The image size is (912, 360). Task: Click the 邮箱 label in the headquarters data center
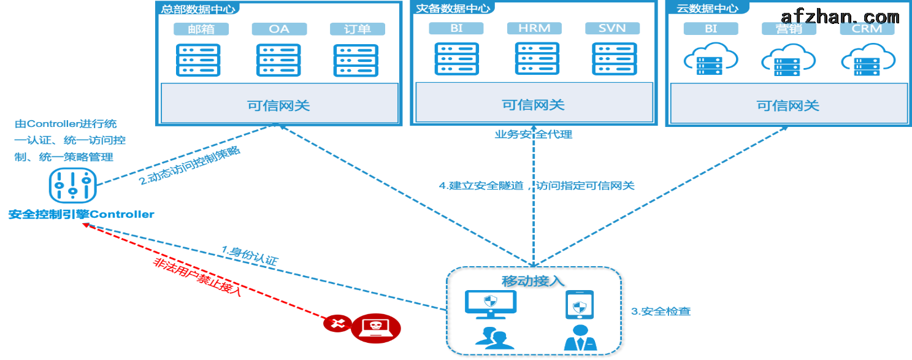tap(201, 29)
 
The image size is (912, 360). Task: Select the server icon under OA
tap(279, 59)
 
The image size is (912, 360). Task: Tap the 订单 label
tap(357, 29)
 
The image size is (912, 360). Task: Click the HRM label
tap(534, 28)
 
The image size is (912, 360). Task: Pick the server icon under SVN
tap(615, 58)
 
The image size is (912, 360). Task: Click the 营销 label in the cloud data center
tap(788, 29)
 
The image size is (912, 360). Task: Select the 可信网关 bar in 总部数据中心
tap(278, 105)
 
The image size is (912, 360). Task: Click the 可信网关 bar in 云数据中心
tap(788, 105)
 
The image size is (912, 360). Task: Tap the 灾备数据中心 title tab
tap(453, 8)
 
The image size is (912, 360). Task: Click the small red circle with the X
tap(336, 324)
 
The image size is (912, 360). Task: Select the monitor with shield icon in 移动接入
tap(491, 304)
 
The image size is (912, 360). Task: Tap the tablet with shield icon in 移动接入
tap(580, 305)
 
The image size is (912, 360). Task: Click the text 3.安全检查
tap(661, 312)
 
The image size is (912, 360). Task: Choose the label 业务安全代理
tap(534, 134)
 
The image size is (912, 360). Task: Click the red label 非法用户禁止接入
tap(197, 278)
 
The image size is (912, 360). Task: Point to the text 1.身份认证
tap(250, 255)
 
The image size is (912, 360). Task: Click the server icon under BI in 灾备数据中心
tap(456, 58)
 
